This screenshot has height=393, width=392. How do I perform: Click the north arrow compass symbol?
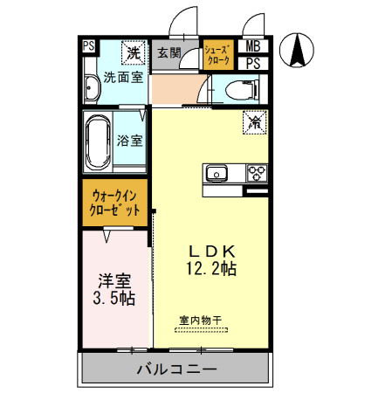pyautogui.click(x=298, y=49)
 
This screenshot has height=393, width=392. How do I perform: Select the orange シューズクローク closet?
pyautogui.click(x=217, y=55)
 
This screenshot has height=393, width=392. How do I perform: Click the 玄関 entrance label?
pyautogui.click(x=168, y=54)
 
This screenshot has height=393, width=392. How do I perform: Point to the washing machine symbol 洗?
pyautogui.click(x=133, y=53)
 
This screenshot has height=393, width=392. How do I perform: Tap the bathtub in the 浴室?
pyautogui.click(x=98, y=141)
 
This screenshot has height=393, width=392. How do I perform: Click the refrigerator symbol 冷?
pyautogui.click(x=256, y=124)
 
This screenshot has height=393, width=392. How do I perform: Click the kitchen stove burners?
pyautogui.click(x=257, y=171)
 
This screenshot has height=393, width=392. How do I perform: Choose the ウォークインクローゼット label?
pyautogui.click(x=115, y=203)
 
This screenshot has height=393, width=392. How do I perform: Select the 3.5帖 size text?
pyautogui.click(x=114, y=299)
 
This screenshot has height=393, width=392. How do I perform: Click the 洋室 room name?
pyautogui.click(x=114, y=281)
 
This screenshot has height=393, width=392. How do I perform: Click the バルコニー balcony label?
pyautogui.click(x=175, y=369)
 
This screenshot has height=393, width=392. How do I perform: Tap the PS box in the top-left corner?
pyautogui.click(x=89, y=47)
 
